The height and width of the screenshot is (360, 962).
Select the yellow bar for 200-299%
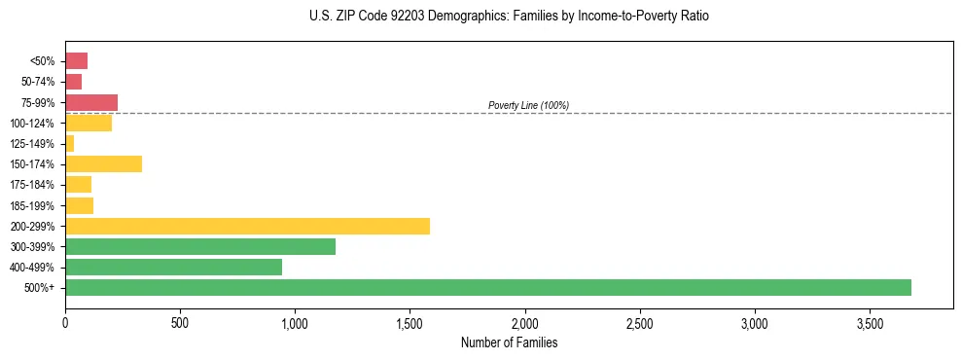(x=247, y=226)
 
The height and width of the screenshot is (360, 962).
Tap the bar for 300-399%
(x=200, y=246)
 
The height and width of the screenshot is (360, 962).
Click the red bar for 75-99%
(x=91, y=102)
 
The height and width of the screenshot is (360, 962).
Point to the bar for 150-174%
(x=103, y=163)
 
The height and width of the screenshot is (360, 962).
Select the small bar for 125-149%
(x=70, y=143)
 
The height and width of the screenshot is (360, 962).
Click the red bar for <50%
(x=76, y=61)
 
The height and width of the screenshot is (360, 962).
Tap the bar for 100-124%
(x=89, y=123)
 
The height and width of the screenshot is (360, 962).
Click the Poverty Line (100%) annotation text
(x=528, y=105)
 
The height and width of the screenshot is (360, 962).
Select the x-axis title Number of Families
(x=510, y=342)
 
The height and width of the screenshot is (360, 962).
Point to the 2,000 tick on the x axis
(x=525, y=322)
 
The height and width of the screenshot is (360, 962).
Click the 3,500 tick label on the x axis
(x=870, y=322)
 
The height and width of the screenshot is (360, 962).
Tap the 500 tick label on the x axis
(x=180, y=322)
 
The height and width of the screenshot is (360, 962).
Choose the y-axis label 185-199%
(x=32, y=205)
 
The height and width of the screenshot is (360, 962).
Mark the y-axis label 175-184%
(x=32, y=185)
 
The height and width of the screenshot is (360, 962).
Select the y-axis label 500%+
(x=41, y=288)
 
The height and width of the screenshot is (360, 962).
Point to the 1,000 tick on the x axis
(x=295, y=322)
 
